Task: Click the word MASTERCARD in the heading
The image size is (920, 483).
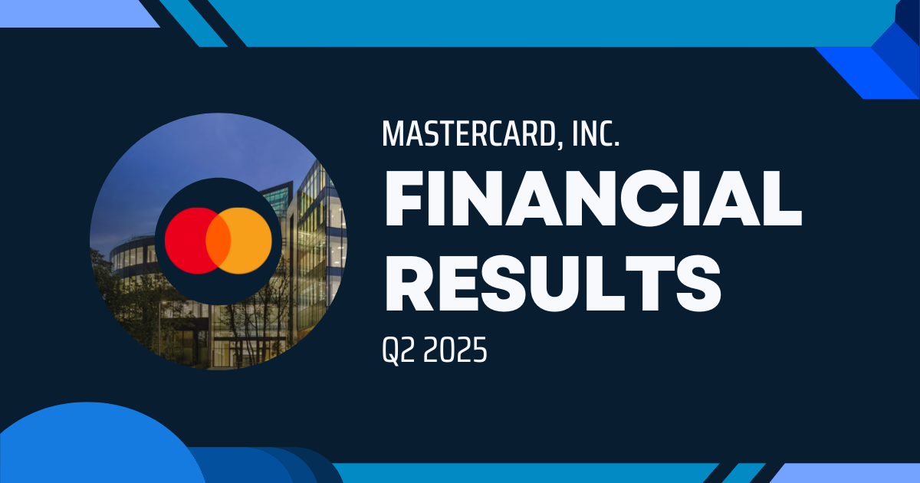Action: [468, 133]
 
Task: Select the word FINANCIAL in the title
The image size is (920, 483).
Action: [593, 198]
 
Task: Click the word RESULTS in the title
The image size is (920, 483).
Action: [553, 284]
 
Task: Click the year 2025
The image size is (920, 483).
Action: [455, 350]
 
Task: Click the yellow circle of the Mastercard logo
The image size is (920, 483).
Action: [246, 241]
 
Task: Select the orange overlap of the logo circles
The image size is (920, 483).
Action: [218, 241]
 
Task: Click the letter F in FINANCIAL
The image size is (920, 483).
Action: [404, 199]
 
